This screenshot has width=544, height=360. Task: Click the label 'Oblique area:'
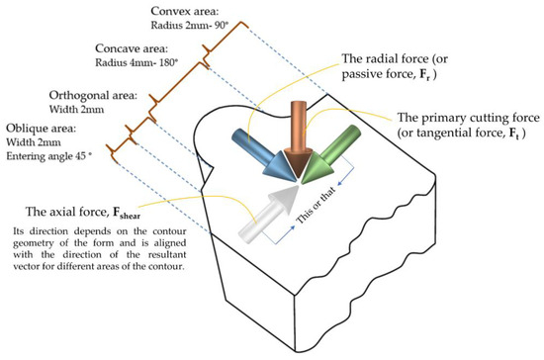(x=40, y=129)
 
